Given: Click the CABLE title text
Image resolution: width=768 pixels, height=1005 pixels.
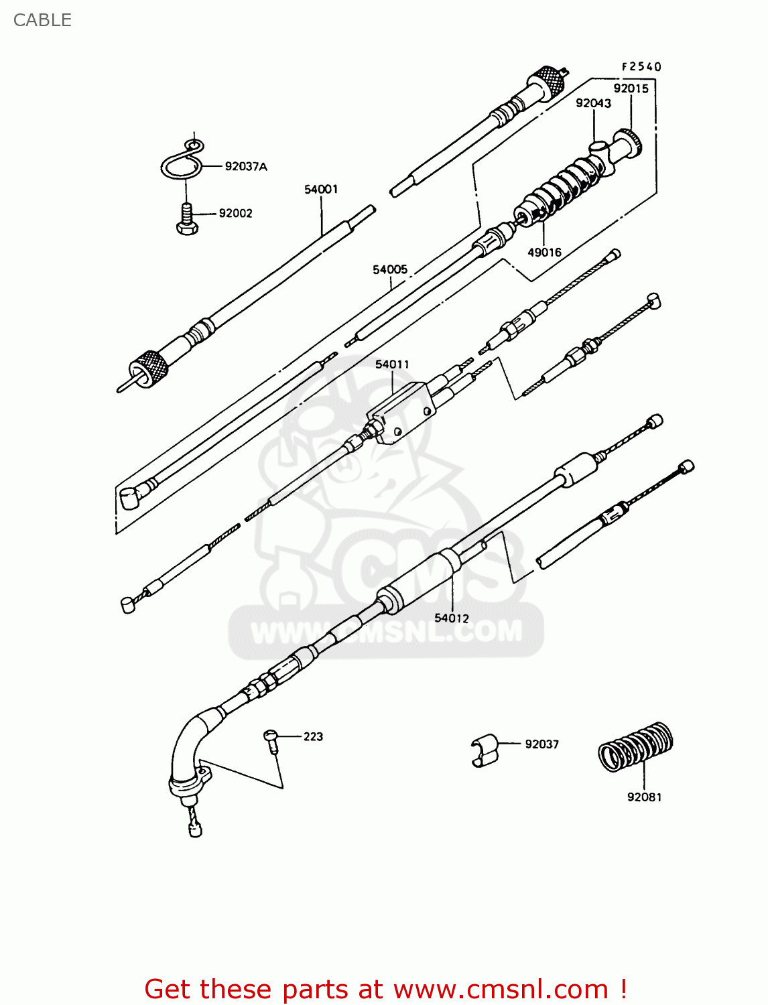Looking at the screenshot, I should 42,20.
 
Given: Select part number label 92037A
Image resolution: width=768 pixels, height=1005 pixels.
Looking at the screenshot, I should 245,166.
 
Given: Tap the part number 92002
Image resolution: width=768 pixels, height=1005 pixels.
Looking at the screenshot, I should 235,213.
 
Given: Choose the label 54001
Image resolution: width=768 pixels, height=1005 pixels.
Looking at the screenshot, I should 321,190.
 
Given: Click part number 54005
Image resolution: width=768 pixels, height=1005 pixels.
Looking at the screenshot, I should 390,269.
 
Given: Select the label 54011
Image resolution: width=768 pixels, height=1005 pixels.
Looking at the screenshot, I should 392,364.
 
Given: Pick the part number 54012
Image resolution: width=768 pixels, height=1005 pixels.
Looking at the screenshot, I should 452,618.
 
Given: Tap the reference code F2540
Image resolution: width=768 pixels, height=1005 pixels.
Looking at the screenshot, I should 641,66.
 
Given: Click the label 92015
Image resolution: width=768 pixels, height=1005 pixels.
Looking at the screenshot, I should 631,88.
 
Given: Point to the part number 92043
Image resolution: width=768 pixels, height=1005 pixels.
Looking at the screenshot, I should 593,103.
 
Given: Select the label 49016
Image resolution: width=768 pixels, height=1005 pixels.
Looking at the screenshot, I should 544,252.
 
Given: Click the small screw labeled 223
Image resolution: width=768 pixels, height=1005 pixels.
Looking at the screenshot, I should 271,740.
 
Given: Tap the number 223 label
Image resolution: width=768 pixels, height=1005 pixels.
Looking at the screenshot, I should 313,736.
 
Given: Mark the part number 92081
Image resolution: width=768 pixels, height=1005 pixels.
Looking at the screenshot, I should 644,797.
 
